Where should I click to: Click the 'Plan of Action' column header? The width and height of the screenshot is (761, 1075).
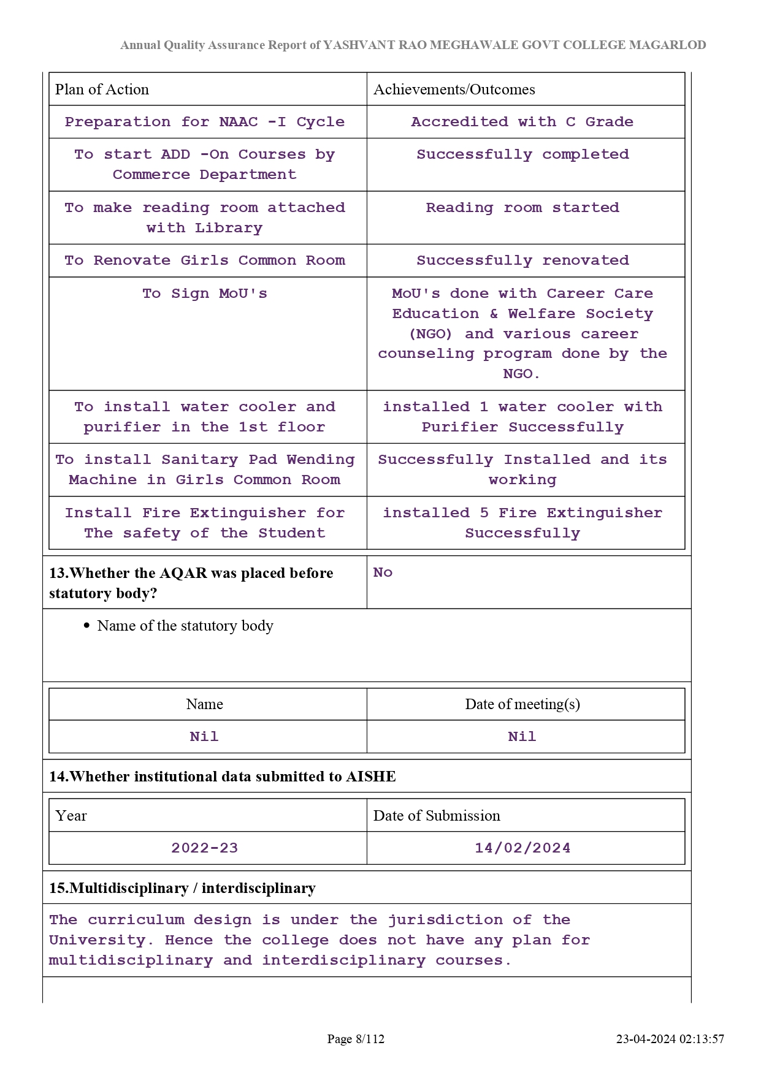click(102, 89)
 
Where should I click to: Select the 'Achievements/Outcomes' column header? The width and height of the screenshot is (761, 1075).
click(454, 89)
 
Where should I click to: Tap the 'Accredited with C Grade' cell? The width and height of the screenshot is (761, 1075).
click(522, 122)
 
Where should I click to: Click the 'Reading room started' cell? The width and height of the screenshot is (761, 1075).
click(522, 208)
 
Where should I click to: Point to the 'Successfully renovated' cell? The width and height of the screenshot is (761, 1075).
click(522, 260)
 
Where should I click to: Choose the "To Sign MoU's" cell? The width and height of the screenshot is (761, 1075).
click(205, 294)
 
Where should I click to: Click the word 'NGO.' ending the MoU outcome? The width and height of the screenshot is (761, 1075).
click(521, 374)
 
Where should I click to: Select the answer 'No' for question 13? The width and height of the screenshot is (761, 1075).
click(383, 572)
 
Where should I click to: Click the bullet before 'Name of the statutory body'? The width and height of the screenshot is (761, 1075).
click(86, 626)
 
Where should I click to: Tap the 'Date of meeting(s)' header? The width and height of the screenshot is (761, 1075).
click(522, 704)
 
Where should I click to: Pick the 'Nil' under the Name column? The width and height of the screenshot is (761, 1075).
click(204, 737)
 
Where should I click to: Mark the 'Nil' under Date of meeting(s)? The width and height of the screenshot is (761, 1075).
click(522, 737)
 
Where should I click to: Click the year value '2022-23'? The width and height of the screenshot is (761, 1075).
click(204, 848)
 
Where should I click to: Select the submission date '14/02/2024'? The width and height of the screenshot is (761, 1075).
click(522, 848)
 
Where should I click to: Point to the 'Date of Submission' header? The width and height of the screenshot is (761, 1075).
click(437, 816)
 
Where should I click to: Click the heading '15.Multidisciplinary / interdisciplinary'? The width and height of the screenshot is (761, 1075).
click(182, 888)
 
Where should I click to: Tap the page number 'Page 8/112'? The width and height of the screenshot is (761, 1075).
click(356, 1039)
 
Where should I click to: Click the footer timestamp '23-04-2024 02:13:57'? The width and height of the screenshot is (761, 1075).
click(670, 1039)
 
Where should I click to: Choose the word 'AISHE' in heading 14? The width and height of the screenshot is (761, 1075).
click(371, 777)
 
